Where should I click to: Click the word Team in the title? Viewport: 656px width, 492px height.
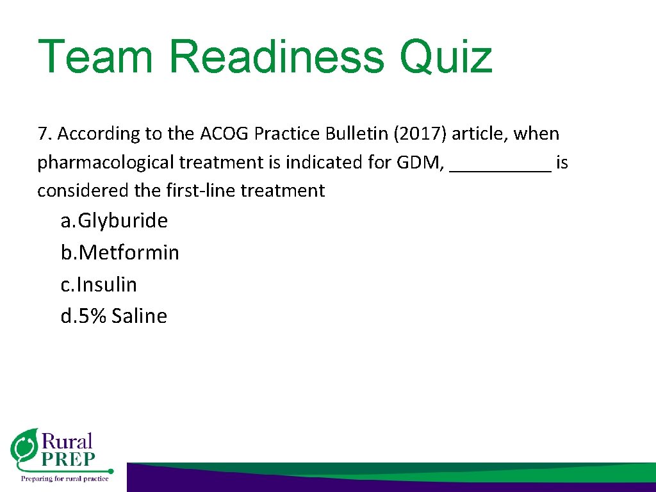[95, 56]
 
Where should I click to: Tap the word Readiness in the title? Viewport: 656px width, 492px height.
[277, 56]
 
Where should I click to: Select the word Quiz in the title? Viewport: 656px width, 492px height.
[446, 58]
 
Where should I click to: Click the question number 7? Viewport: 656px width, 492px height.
[43, 134]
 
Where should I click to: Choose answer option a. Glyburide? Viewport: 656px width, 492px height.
[114, 221]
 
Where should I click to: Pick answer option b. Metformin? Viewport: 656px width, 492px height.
[120, 252]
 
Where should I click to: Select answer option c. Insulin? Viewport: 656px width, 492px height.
[99, 284]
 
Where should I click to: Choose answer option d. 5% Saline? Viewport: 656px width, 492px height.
[113, 316]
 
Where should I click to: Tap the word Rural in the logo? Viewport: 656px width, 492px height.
[67, 441]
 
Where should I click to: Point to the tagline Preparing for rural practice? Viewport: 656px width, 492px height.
[65, 478]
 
